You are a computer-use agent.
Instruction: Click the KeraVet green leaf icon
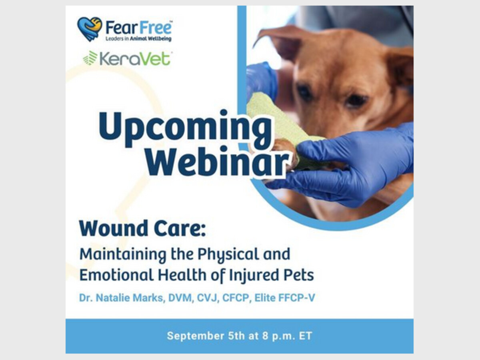tap(90, 58)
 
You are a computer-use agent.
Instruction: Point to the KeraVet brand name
tap(135, 58)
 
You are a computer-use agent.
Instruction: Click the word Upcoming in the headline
tap(185, 128)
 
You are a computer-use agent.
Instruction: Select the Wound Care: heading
tap(142, 229)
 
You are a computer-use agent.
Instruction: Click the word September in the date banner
tap(196, 336)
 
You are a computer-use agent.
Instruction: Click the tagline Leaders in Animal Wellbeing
tap(138, 39)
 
